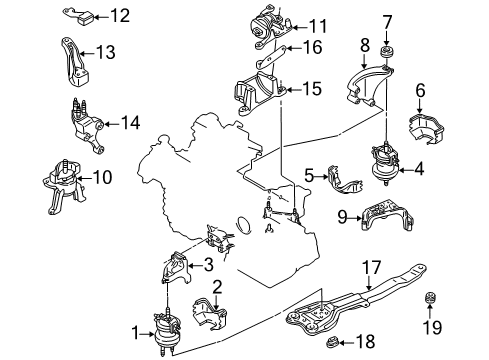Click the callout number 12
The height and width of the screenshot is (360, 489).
pos(120,16)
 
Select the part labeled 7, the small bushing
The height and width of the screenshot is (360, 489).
pos(386,52)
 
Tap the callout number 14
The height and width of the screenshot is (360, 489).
pos(130,123)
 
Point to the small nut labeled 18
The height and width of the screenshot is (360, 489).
pos(332,342)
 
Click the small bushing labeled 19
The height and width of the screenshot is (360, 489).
pos(430,298)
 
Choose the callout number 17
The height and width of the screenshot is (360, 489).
pos(371,268)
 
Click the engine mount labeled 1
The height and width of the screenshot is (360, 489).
pos(166,331)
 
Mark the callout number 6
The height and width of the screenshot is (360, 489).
pos(421,90)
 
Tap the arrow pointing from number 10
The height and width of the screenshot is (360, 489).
pos(85,177)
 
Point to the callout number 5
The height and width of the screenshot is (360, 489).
pos(309,175)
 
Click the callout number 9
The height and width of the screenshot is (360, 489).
pos(343,217)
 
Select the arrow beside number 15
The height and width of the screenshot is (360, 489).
pos(293,89)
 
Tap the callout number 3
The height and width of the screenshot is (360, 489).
pos(208,265)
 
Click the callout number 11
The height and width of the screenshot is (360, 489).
pos(318,26)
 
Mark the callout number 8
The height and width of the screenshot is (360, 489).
pos(365,45)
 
